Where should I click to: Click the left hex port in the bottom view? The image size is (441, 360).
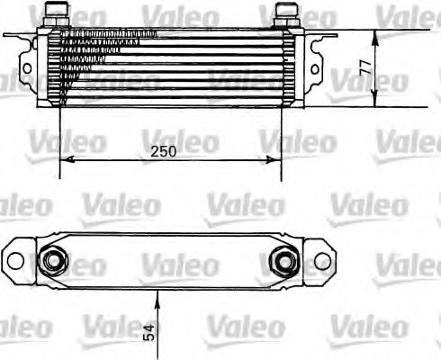[x=54, y=261]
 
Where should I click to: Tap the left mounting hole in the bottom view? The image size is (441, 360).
[x=14, y=261]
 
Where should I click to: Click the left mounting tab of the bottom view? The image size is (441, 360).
[x=16, y=261]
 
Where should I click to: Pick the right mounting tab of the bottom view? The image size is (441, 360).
[x=322, y=261]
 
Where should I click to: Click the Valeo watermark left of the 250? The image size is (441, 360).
[x=71, y=141]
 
